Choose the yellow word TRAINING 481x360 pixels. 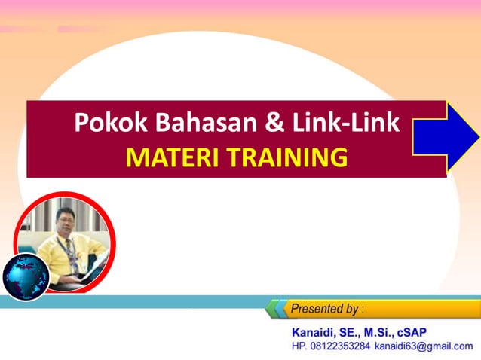click(288, 157)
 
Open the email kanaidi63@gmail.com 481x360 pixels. click(429, 346)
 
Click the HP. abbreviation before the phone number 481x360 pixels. click(299, 346)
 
